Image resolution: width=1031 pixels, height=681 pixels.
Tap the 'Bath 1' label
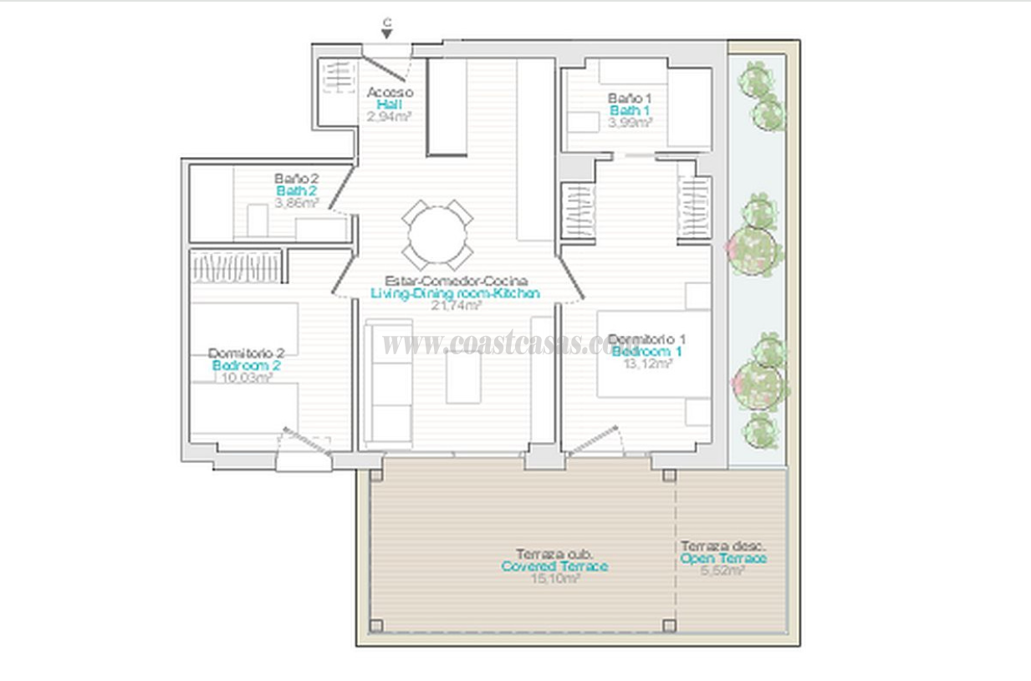pyautogui.click(x=630, y=110)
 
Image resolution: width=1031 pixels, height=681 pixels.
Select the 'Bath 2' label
pyautogui.click(x=296, y=191)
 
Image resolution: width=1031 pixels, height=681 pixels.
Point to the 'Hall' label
pyautogui.click(x=389, y=104)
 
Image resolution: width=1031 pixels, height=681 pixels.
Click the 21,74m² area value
pyautogui.click(x=455, y=306)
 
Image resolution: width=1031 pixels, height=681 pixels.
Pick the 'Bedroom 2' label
pyautogui.click(x=246, y=365)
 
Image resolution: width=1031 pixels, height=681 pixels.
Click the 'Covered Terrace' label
pyautogui.click(x=554, y=567)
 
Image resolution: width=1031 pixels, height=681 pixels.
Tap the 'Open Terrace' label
pyautogui.click(x=723, y=558)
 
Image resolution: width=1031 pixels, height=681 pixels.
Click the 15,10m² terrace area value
pyautogui.click(x=555, y=578)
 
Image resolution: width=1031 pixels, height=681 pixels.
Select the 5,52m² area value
pyautogui.click(x=723, y=571)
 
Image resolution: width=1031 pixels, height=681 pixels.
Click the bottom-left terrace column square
pyautogui.click(x=376, y=625)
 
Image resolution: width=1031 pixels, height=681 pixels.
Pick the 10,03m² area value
pyautogui.click(x=246, y=378)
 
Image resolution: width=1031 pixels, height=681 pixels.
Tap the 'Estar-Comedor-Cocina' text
pyautogui.click(x=455, y=281)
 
